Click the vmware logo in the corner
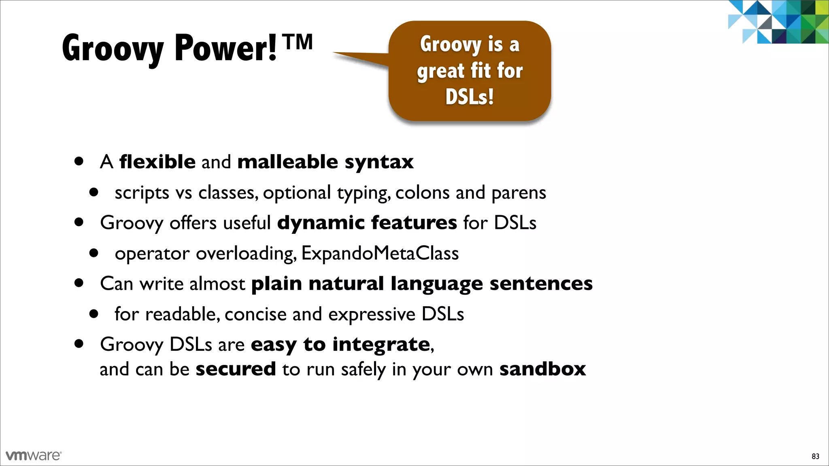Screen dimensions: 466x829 coord(34,455)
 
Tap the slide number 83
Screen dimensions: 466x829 coord(815,456)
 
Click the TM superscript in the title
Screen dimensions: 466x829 coord(298,42)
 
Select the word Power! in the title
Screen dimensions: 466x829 coord(225,49)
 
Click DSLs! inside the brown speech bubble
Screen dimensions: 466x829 coord(470,97)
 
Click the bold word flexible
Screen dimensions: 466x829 coord(157,162)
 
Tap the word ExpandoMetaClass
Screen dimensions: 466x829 coord(380,254)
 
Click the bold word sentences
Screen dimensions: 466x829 coord(541,283)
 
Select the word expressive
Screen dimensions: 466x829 coord(372,314)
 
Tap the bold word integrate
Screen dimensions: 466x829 coord(381,345)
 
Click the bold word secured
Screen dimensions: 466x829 coord(236,369)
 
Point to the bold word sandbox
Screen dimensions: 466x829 coord(542,369)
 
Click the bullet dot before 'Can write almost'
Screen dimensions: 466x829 coord(79,283)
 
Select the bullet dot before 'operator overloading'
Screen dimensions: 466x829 coord(94,253)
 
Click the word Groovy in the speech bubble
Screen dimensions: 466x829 coord(451,44)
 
